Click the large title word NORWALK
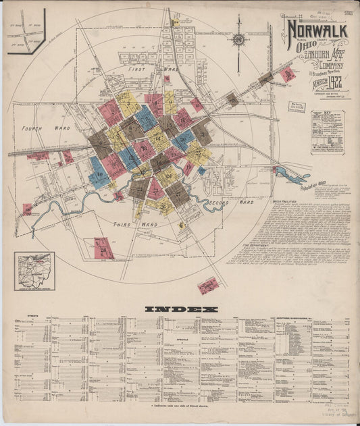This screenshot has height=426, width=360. (x=317, y=30)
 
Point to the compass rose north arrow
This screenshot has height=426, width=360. (x=238, y=40)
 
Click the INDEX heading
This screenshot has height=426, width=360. (x=182, y=309)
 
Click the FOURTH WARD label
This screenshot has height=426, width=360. (x=36, y=128)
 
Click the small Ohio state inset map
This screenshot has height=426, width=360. (x=34, y=271)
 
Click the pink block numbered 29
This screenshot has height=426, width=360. (x=103, y=248)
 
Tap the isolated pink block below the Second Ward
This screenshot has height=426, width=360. (x=208, y=286)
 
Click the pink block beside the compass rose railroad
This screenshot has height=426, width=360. (x=288, y=74)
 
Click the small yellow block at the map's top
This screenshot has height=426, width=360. (x=175, y=24)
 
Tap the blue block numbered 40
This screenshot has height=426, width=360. (x=98, y=171)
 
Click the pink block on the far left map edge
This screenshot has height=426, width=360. (x=27, y=209)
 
